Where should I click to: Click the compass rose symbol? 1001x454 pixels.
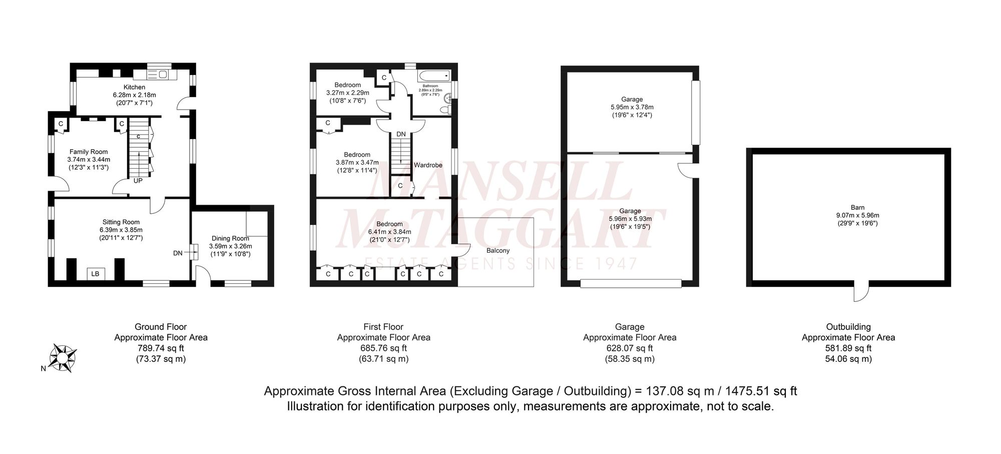63,358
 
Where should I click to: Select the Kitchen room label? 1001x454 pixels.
135,87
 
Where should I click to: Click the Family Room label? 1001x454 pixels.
89,152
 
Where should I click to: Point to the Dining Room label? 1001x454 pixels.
230,238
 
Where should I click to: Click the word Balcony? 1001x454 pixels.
498,250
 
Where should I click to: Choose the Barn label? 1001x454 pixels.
857,207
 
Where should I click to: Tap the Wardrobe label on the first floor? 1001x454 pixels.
428,165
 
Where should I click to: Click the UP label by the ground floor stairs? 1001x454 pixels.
138,181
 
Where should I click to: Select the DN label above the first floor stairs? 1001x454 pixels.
401,134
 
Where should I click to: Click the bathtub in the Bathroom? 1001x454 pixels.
434,76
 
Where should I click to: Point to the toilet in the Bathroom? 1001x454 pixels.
445,110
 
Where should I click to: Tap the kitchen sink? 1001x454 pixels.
163,75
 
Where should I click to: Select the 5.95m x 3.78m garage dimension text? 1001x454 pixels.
632,107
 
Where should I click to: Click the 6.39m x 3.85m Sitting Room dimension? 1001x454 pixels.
121,230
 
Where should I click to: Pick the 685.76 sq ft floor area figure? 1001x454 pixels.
383,348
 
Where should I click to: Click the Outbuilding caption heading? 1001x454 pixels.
848,327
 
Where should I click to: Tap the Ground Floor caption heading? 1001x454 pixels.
161,327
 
